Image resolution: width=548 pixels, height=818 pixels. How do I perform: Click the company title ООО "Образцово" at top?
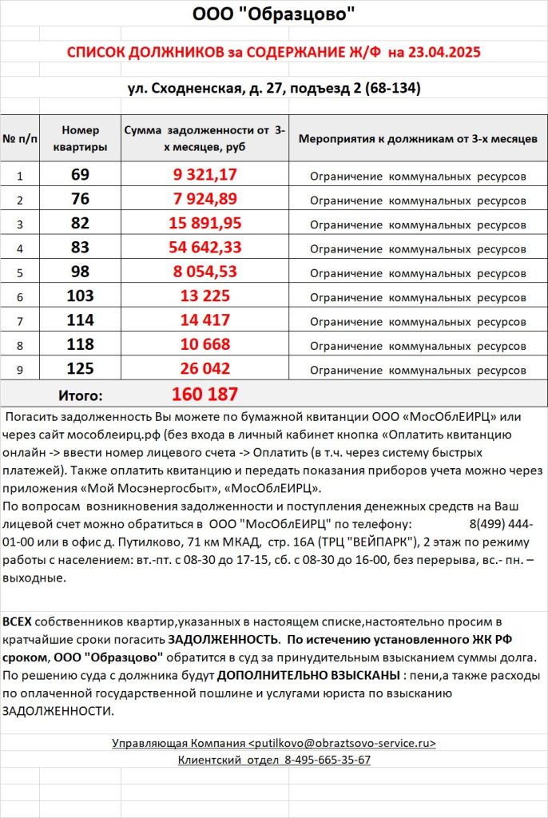274,15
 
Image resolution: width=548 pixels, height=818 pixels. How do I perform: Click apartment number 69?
80,174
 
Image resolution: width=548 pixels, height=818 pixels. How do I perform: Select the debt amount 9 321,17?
205,174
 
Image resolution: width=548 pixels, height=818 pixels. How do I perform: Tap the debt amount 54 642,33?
205,248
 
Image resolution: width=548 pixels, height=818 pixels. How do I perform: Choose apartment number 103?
80,296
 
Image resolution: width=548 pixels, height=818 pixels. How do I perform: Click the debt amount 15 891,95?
205,223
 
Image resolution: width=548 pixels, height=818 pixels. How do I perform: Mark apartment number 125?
80,369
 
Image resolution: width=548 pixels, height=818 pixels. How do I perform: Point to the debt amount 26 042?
205,369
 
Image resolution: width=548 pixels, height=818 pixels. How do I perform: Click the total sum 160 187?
205,394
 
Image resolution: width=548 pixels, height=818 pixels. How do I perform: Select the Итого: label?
80,395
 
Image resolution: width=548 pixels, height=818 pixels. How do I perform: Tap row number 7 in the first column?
21,321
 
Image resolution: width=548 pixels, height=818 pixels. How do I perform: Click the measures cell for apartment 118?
417,346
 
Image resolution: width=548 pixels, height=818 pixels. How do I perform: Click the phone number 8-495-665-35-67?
327,760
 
